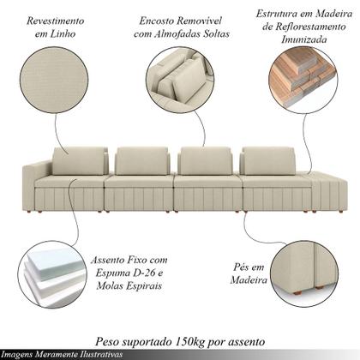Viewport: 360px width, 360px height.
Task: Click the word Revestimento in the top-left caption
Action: pos(56,18)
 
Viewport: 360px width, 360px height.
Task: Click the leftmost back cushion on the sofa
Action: pos(80,161)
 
